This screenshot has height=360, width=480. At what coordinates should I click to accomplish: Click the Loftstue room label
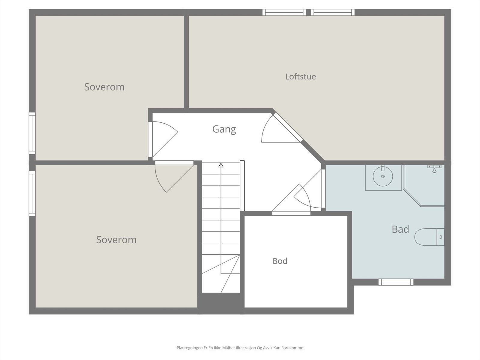point(301,77)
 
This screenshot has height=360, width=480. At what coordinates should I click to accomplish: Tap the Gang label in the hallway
point(224,129)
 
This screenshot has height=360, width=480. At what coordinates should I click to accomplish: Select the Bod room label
point(280,261)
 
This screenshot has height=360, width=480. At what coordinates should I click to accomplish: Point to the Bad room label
point(400,229)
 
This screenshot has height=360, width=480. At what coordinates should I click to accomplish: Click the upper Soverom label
point(104,87)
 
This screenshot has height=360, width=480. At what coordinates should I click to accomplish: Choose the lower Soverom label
point(116,240)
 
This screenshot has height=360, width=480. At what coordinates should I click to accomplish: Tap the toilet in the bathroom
point(429,237)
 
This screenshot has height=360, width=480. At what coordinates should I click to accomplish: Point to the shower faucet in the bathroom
point(434,169)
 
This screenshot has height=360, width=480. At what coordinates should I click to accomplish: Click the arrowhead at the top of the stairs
point(221,165)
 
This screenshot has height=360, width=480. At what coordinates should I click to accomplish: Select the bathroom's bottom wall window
point(396,282)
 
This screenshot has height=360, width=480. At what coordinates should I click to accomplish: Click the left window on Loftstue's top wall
point(284,12)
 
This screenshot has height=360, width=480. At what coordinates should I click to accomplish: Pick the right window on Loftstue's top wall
point(333,12)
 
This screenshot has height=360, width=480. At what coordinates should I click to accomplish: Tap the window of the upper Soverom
point(32,133)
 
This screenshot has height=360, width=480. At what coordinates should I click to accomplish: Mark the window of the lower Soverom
point(32,194)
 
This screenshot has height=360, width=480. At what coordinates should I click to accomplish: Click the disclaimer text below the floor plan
point(240,348)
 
